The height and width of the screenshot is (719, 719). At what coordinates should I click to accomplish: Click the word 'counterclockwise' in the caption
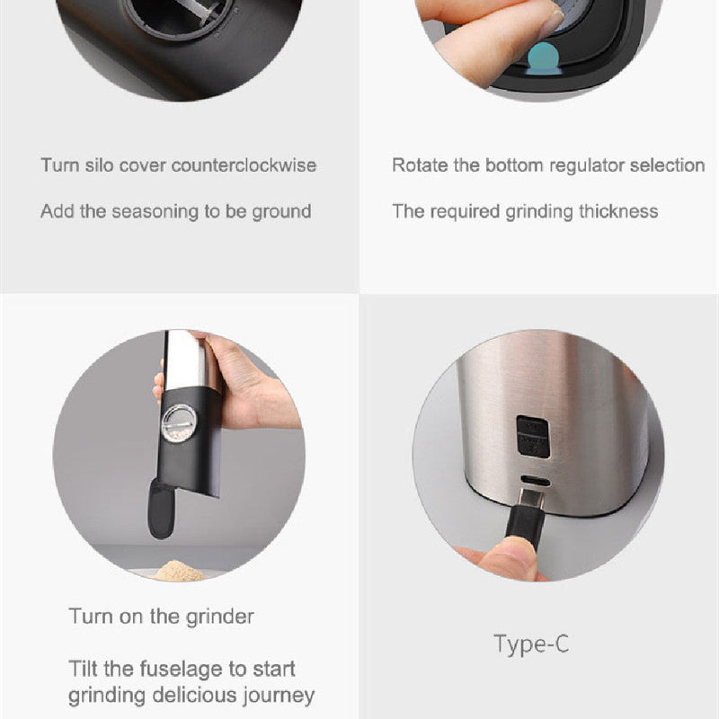tap(244, 165)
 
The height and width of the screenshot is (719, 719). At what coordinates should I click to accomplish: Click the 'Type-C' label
tap(531, 644)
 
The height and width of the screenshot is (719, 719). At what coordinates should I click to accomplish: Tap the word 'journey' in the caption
tap(279, 696)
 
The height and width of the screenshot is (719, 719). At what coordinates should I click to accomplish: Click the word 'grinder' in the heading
tap(219, 617)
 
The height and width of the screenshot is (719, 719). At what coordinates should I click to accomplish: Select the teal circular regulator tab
tap(543, 58)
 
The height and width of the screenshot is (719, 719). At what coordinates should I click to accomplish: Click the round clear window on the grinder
tap(179, 422)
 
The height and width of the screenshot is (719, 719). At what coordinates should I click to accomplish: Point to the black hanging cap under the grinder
tap(161, 509)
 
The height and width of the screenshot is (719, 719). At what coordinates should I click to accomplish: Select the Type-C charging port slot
tap(535, 482)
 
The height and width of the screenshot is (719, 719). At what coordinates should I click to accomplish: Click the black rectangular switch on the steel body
tap(533, 437)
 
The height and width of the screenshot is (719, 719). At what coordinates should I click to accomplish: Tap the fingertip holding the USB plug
tap(508, 556)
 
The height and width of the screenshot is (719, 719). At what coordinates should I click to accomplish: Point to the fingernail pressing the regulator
tap(553, 24)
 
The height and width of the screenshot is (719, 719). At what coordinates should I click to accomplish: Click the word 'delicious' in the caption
tap(195, 695)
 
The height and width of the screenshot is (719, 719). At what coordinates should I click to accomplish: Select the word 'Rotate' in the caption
tap(420, 165)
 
